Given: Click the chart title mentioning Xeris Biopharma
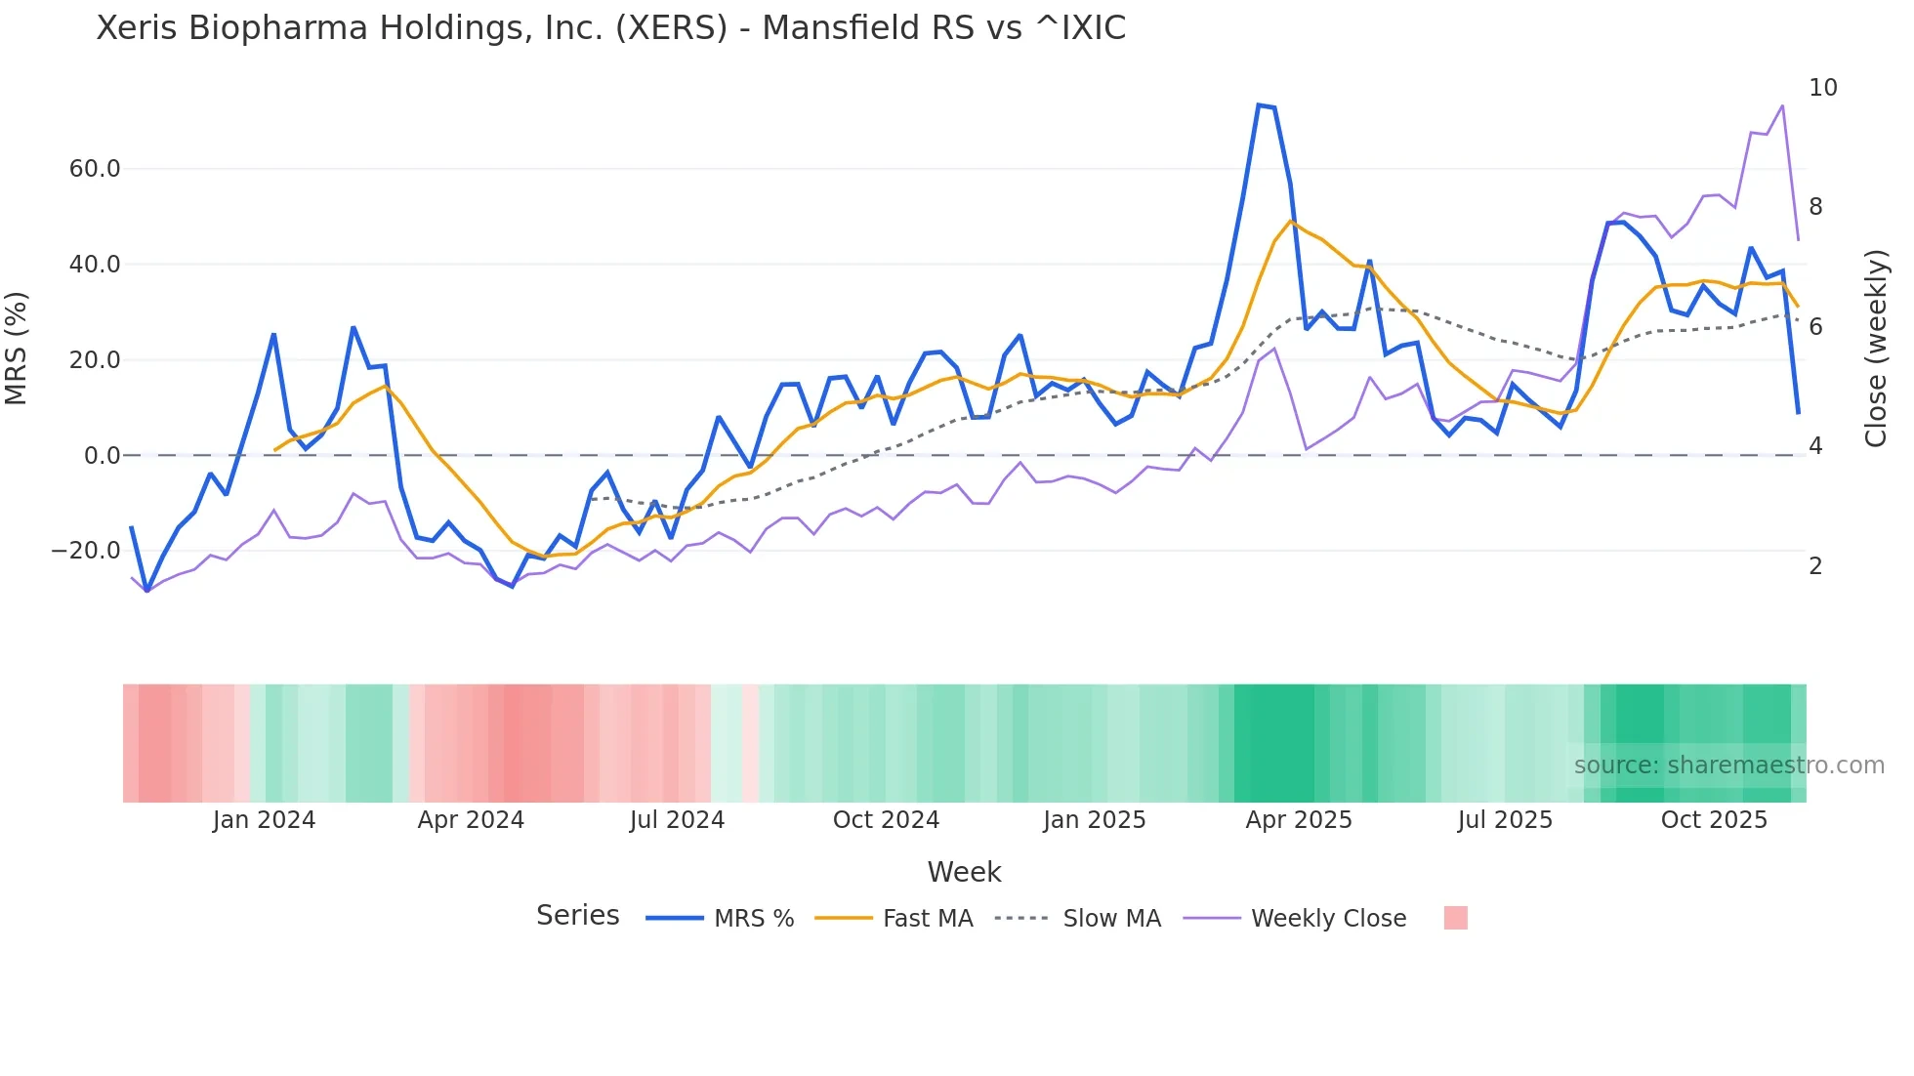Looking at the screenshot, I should click(x=610, y=28).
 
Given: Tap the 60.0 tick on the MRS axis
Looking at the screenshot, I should click(x=95, y=169).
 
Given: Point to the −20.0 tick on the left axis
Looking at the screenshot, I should click(x=86, y=551).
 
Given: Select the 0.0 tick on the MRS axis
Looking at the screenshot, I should click(x=102, y=456).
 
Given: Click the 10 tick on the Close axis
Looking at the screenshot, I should click(x=1822, y=88).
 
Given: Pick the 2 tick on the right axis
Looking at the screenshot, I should click(x=1815, y=566).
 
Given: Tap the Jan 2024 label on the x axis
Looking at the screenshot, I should click(x=264, y=820).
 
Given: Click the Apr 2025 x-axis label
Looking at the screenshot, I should click(x=1298, y=820).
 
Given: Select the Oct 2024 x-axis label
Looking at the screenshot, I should click(x=886, y=820).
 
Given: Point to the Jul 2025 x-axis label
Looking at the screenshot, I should click(x=1505, y=820).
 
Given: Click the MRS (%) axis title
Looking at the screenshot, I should click(x=17, y=348).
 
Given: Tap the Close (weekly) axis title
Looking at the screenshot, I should click(x=1876, y=348).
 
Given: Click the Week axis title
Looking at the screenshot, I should click(x=964, y=872).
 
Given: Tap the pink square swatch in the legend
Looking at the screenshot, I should click(x=1455, y=918).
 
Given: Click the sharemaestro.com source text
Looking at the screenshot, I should click(x=1728, y=766).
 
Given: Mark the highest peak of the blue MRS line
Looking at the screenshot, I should click(x=1260, y=104).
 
